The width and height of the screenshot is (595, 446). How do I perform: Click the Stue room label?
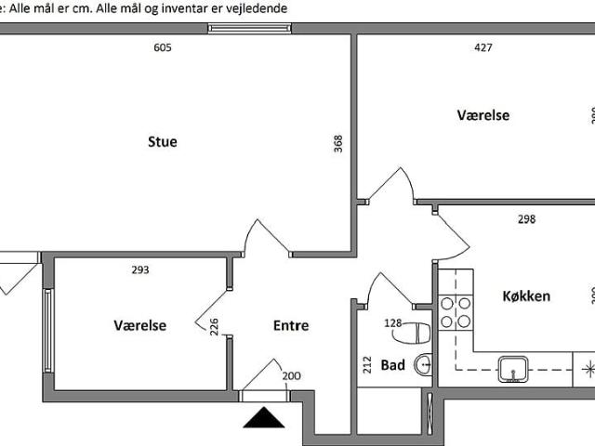coord(162,142)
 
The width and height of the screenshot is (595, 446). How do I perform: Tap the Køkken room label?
coord(526,296)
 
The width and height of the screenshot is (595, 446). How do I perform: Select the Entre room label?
coord(290,326)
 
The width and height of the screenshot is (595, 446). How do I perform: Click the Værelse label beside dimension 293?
coord(139,326)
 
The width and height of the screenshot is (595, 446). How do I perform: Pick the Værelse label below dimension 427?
coord(483,115)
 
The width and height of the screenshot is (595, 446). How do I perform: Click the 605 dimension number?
coord(162,48)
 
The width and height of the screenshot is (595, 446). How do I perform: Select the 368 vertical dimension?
coord(338,143)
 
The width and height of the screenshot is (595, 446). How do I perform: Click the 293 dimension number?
coord(139,271)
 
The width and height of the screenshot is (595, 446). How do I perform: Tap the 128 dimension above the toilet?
coord(394,323)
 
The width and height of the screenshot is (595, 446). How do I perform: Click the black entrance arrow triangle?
coord(264,394)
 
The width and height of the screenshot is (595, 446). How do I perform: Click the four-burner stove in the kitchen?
coord(456,312)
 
